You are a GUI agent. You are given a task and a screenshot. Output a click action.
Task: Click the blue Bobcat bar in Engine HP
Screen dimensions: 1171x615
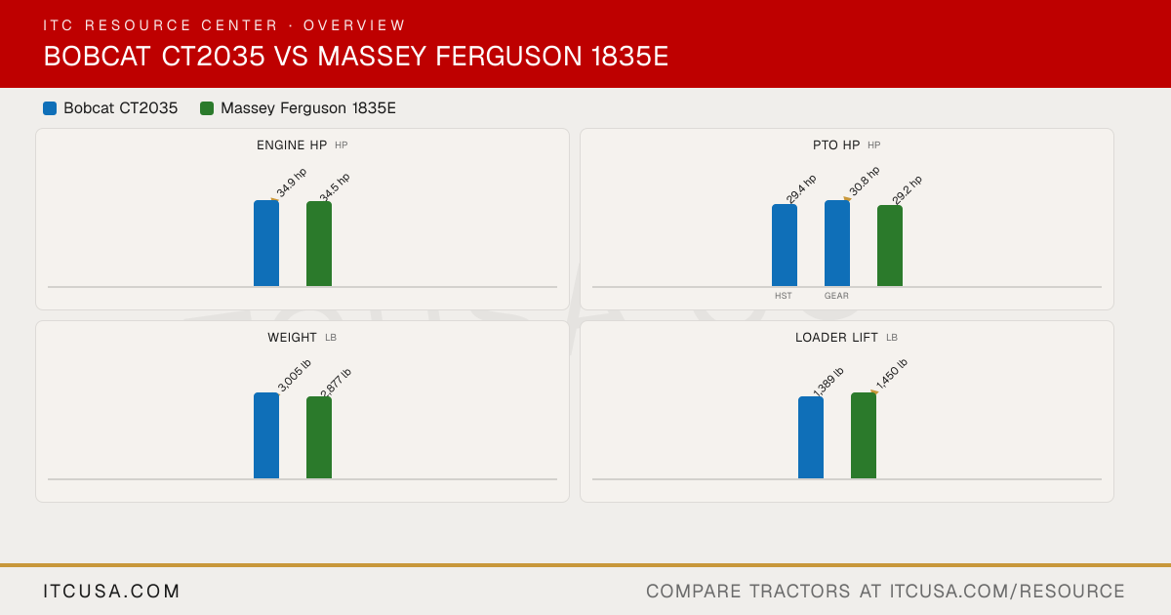click(266, 243)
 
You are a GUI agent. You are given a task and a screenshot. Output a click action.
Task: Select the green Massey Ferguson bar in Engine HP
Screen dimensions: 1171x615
click(319, 244)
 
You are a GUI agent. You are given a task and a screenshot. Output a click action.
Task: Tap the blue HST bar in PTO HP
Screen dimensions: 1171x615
click(785, 245)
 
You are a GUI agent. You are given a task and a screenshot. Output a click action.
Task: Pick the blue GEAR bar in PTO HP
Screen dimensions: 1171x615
click(837, 243)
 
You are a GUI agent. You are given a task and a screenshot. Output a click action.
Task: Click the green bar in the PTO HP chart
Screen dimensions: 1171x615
click(890, 246)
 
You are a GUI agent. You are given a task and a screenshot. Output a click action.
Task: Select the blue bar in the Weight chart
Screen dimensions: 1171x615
click(266, 435)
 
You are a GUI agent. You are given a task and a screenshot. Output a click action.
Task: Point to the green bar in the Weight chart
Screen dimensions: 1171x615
click(319, 437)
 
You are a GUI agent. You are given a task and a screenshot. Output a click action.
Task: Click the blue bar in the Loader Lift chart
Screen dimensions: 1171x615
click(811, 437)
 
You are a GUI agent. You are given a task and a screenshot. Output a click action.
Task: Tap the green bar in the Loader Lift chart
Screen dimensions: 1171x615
click(864, 435)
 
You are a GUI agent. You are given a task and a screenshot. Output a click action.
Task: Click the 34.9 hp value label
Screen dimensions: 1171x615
click(291, 184)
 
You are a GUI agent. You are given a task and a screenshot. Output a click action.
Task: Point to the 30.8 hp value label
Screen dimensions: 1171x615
click(865, 181)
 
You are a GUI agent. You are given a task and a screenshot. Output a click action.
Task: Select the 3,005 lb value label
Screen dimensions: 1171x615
click(295, 376)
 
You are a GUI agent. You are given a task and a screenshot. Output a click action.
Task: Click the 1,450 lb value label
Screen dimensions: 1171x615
click(891, 374)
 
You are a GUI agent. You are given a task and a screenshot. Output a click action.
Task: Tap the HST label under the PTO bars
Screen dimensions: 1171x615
click(783, 296)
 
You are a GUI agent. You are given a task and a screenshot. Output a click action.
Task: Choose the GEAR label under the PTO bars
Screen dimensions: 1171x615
click(836, 296)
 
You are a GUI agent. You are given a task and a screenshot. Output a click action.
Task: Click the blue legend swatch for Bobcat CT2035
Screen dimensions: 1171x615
click(50, 108)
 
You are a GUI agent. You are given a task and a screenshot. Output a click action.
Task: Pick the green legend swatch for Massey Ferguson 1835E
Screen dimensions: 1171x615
click(207, 108)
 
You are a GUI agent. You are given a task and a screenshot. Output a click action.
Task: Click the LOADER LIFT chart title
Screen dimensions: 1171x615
click(836, 338)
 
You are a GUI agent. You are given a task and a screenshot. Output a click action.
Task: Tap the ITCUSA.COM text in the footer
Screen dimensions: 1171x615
click(111, 591)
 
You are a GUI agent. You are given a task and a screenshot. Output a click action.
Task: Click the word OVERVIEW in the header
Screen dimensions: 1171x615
click(354, 25)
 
